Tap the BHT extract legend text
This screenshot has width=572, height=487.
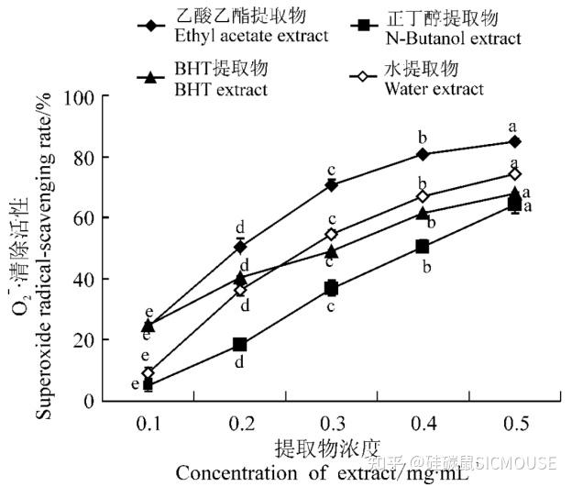point(222,89)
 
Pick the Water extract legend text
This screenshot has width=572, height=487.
point(434,89)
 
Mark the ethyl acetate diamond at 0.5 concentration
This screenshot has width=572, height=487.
point(515,141)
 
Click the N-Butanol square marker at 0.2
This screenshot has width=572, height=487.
point(240,345)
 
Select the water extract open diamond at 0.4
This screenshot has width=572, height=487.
point(423,196)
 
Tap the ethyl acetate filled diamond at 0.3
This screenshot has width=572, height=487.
point(331,185)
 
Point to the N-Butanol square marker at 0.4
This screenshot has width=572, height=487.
point(423,247)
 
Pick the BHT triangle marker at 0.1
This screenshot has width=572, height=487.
point(148,326)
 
